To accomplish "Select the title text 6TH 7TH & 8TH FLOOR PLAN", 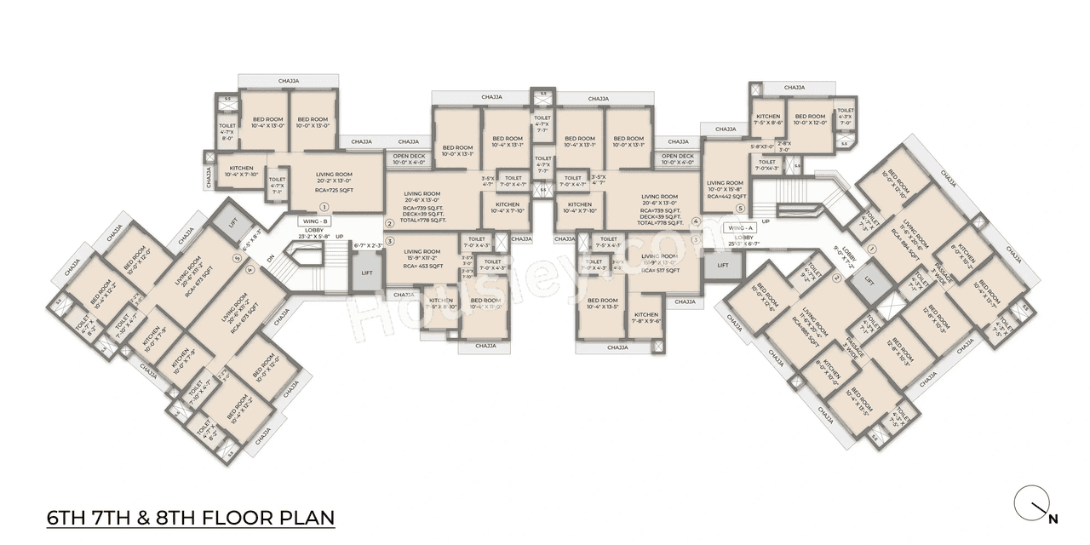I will tap(190, 518).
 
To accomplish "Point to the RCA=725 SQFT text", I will tap(334, 190).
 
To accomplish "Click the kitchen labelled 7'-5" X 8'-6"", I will tap(767, 120).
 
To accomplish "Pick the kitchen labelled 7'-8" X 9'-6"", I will tap(646, 318).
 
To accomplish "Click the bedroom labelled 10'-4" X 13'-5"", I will tap(602, 305).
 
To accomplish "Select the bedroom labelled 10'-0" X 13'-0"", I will tap(313, 123).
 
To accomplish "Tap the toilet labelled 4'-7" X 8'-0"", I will tap(227, 132).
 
